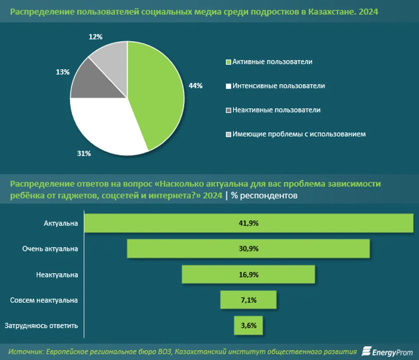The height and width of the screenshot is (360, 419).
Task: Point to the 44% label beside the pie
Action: point(195,86)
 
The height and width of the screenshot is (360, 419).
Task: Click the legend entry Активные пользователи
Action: point(272,62)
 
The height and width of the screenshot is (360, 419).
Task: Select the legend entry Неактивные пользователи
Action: point(276,110)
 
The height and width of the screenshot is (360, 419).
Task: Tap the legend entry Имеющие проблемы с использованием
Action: point(299,134)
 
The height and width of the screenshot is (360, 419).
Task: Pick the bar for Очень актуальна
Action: point(248,249)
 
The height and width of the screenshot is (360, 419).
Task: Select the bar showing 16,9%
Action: point(248,275)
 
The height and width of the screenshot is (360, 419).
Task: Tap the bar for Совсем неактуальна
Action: point(248,300)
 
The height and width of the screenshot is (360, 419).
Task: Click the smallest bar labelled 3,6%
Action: point(248,325)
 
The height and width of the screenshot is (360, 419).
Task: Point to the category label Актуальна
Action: point(61,223)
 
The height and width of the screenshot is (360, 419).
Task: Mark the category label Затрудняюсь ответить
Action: point(41,326)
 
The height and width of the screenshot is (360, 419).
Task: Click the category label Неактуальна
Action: point(57,275)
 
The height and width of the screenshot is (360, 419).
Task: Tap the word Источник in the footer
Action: point(26,352)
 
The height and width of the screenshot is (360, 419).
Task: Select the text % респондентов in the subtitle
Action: point(264,195)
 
